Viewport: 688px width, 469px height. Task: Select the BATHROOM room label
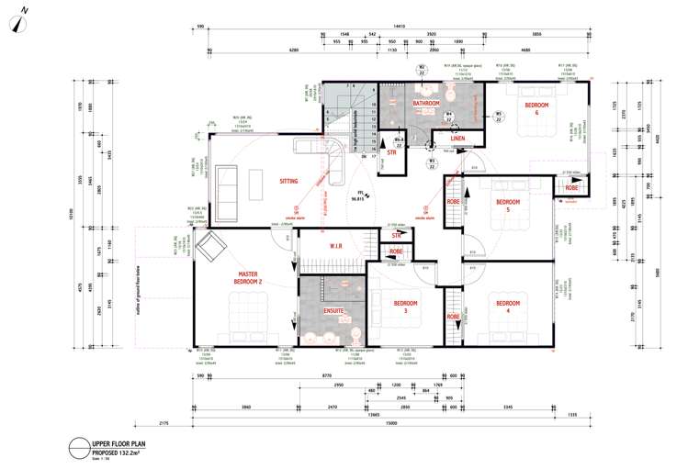click(425, 105)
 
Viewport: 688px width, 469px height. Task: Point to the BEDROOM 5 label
click(508, 207)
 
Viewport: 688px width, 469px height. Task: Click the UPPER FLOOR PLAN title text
click(117, 444)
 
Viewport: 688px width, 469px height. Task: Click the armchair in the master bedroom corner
click(213, 245)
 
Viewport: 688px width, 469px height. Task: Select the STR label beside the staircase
click(391, 152)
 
